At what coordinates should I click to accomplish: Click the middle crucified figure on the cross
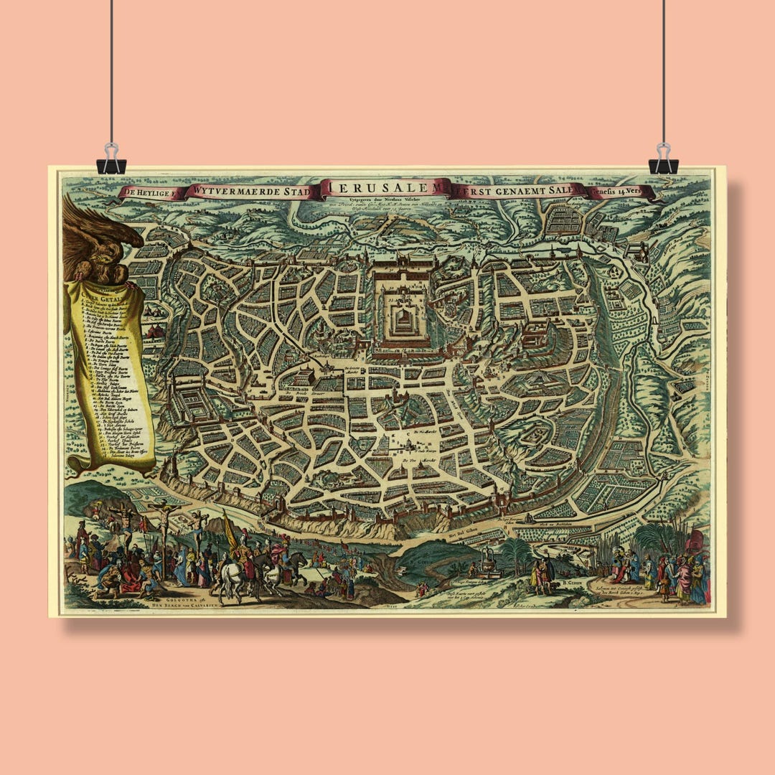pyautogui.click(x=164, y=513)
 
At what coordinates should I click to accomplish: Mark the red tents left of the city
pyautogui.click(x=155, y=332)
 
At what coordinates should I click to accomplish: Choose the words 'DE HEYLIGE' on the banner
pyautogui.click(x=149, y=192)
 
